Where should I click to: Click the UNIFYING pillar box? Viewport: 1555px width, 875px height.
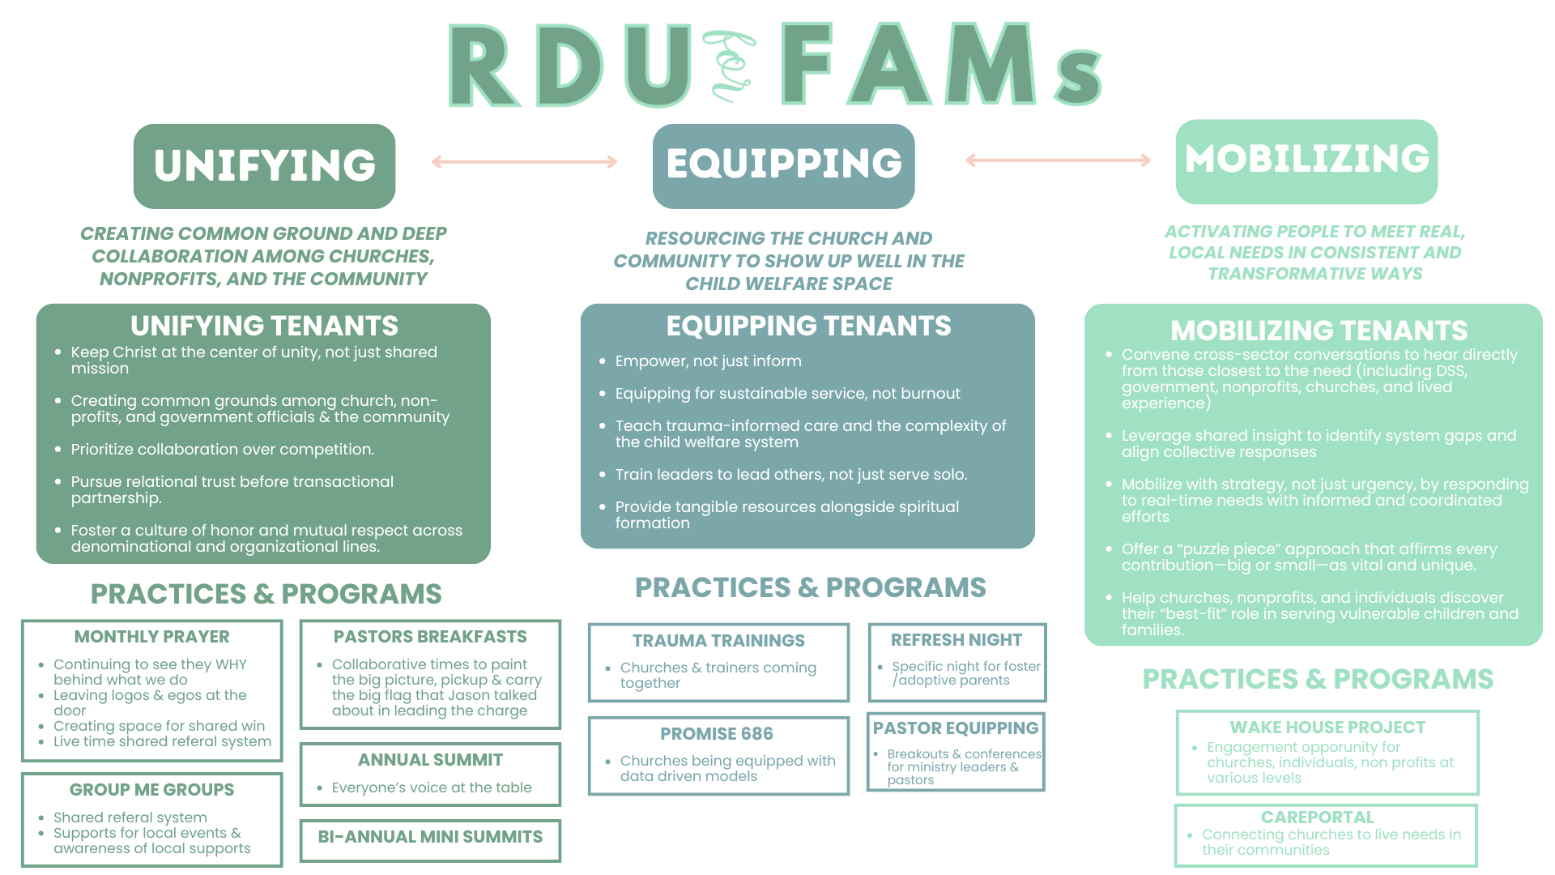[x=264, y=166]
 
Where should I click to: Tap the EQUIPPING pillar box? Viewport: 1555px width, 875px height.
[x=783, y=164]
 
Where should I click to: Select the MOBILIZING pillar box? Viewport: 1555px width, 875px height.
[x=1306, y=160]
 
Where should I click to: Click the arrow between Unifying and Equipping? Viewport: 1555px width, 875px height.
[x=524, y=162]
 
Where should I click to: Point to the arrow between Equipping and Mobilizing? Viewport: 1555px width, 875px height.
[x=1058, y=160]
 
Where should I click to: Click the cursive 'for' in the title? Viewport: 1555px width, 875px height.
[x=731, y=66]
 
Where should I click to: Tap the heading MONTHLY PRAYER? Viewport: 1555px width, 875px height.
[x=151, y=637]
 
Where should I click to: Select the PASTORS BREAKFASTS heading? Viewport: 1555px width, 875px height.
[x=430, y=637]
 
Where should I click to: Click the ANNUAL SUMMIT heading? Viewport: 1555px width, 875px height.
[x=430, y=760]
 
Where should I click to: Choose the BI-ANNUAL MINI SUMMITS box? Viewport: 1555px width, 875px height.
[x=430, y=840]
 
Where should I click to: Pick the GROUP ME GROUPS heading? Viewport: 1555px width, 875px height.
[x=151, y=790]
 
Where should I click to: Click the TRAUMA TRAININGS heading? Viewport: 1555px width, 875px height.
[x=718, y=641]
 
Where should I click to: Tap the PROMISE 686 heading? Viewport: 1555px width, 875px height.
[x=717, y=734]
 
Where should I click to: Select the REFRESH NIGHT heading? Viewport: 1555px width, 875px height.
[x=956, y=640]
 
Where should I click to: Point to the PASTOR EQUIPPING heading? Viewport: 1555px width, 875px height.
[x=956, y=728]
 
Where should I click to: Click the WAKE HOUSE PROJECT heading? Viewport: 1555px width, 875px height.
[x=1327, y=728]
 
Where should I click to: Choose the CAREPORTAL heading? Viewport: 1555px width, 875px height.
[x=1317, y=817]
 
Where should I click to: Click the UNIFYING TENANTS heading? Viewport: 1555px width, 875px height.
[x=264, y=326]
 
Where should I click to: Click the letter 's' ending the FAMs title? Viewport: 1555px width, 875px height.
[x=1078, y=79]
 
